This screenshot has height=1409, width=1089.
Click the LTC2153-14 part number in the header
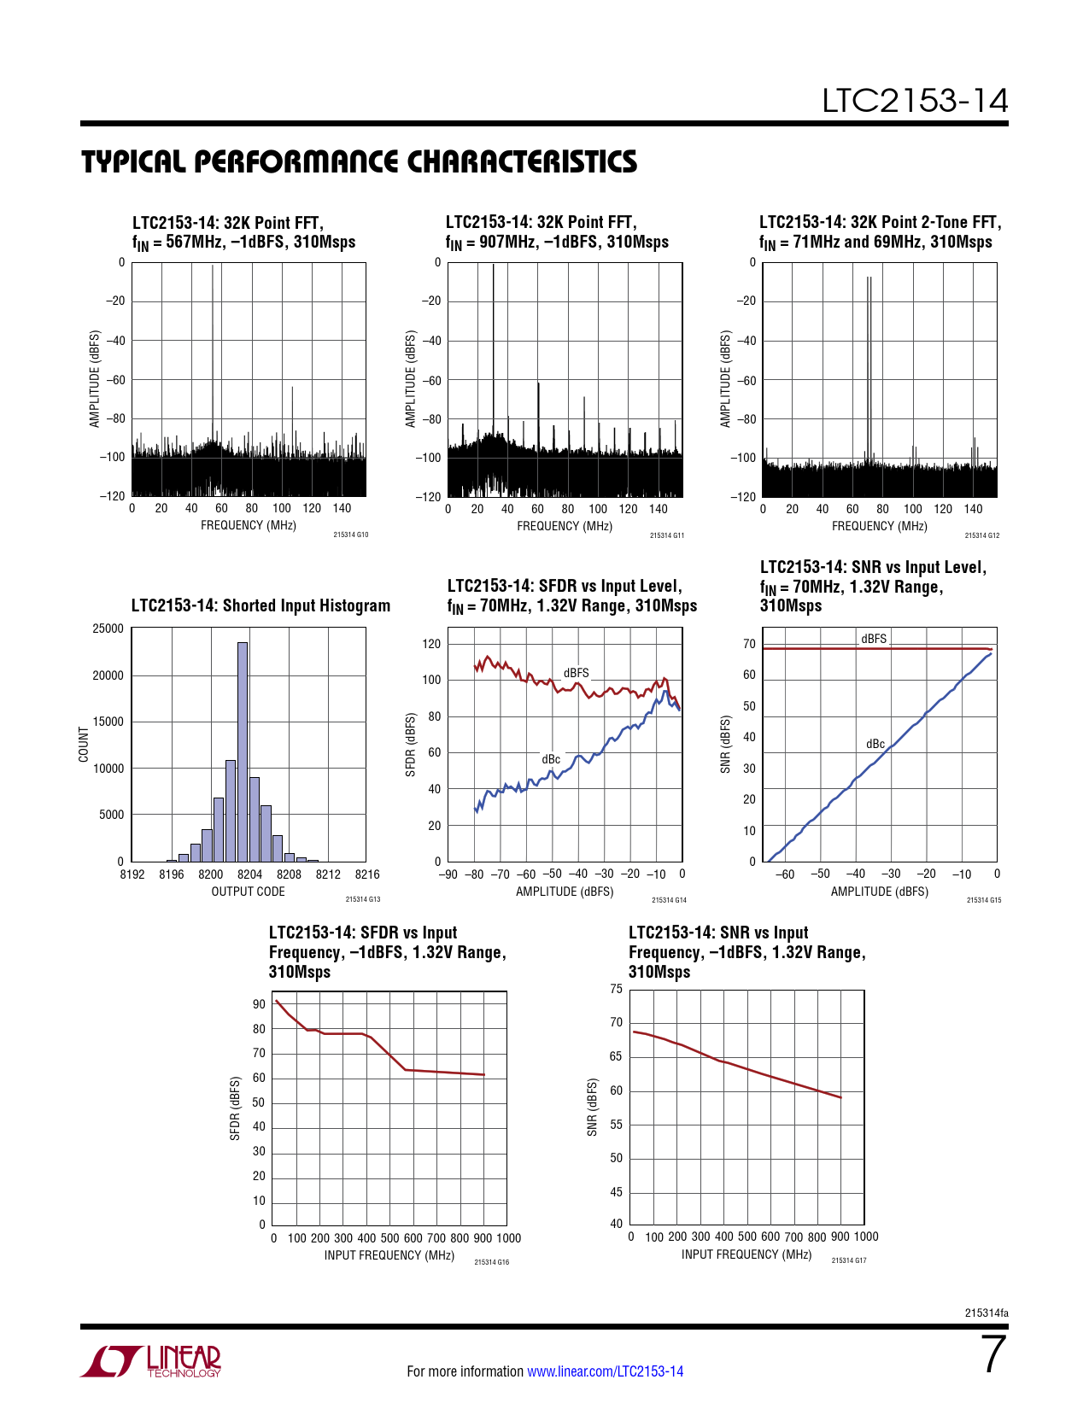coord(915,101)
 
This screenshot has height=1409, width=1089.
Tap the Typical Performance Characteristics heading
coord(359,161)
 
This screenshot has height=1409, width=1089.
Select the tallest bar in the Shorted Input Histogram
coord(243,751)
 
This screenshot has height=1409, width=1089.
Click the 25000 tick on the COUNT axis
coord(108,628)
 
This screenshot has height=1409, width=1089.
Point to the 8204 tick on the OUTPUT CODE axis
coord(249,874)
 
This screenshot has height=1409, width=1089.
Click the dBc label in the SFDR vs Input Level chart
coord(551,759)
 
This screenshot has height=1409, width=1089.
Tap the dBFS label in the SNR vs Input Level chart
coord(874,639)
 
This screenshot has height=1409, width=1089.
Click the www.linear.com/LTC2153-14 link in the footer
coord(605,1371)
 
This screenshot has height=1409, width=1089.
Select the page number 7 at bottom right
coord(992,1354)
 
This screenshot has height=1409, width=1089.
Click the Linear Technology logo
coord(151,1361)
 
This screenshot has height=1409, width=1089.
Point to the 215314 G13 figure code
coord(363,899)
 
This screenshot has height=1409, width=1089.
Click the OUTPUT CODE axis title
coord(248,892)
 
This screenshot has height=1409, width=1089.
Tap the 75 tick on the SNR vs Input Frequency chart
coord(616,989)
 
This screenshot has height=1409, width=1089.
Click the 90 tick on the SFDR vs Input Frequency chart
coord(259,1004)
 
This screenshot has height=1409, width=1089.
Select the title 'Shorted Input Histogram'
coord(261,605)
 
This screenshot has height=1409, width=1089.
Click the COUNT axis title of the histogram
coord(84,745)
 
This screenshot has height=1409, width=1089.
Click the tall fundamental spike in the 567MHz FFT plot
coord(213,342)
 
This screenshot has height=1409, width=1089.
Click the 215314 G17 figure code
coord(848,1260)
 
